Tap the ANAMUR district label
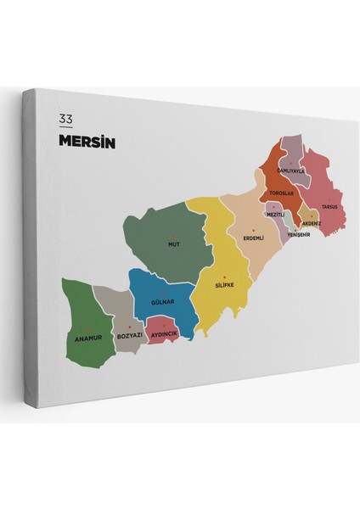tap(83, 338)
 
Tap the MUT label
tap(174, 244)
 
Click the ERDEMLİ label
tap(253, 238)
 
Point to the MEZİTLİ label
tap(274, 215)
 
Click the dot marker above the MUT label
tap(174, 235)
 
